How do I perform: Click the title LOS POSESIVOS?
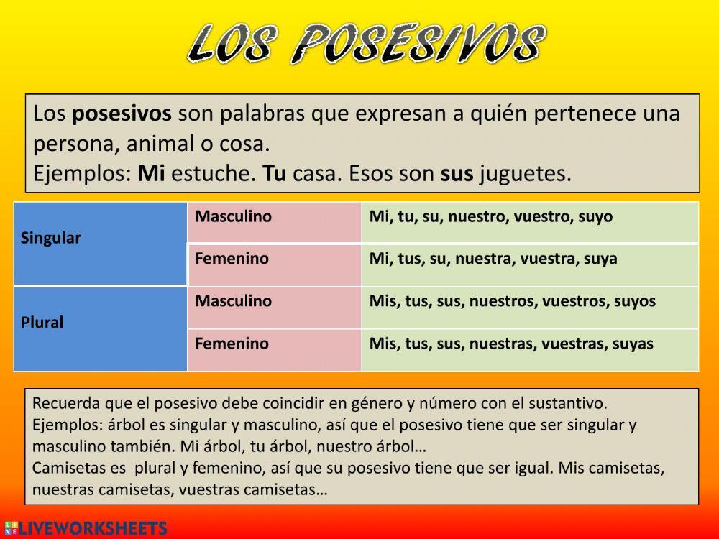point(365,44)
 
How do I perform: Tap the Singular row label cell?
point(101,244)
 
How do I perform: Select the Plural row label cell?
point(101,328)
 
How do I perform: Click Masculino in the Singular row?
point(234,216)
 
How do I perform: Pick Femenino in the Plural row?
point(232,344)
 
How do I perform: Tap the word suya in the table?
point(600,259)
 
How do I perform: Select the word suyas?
point(633,344)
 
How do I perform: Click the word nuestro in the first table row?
point(477,216)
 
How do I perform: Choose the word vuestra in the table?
point(543,259)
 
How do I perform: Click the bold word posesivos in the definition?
point(122,114)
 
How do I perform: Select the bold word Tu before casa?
point(275,174)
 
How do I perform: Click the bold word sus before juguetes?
point(457,174)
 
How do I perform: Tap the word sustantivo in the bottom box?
point(572,403)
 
